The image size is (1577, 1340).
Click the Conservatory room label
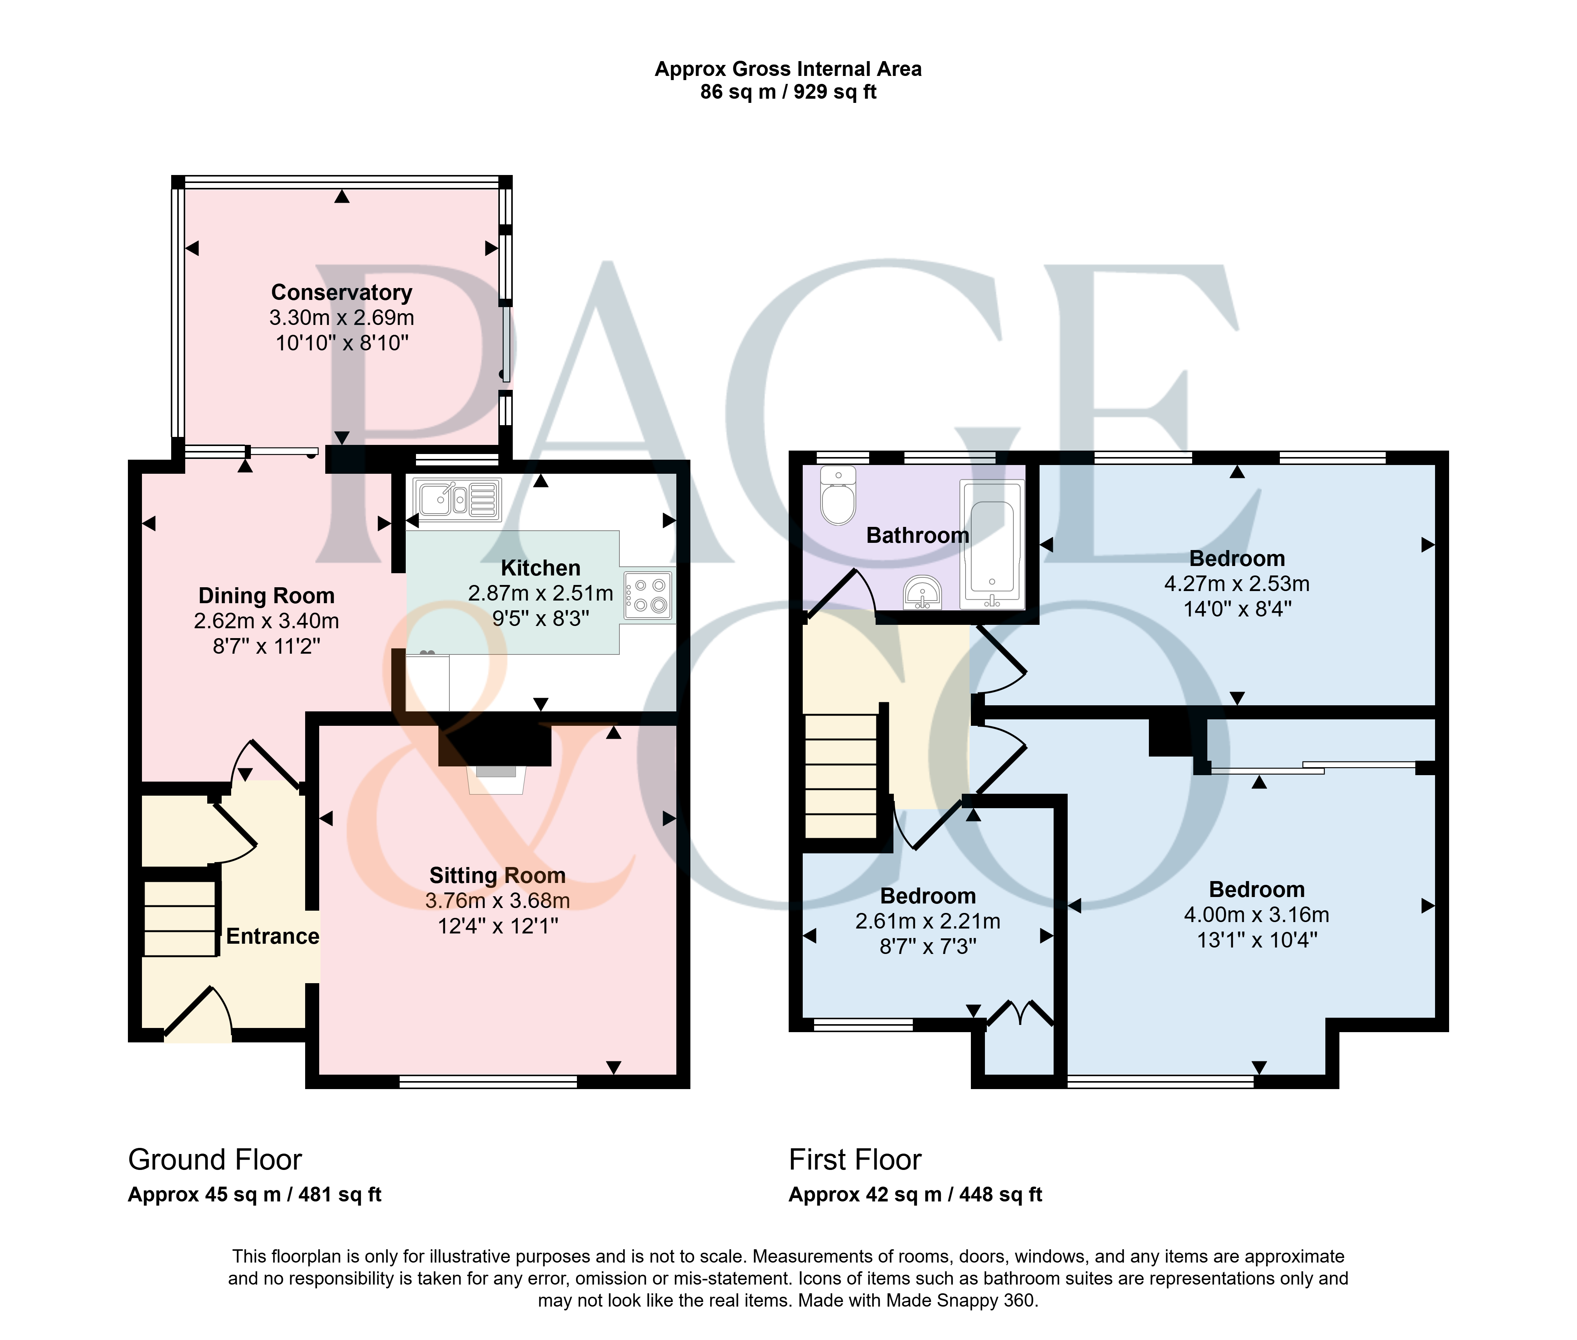[342, 292]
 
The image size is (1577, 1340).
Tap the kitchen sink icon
[457, 499]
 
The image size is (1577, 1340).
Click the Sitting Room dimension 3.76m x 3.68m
[498, 901]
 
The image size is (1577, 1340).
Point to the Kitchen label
[541, 568]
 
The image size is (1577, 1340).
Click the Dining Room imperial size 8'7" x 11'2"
[267, 646]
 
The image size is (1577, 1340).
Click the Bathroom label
[918, 536]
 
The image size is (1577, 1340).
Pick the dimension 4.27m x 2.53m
[1237, 584]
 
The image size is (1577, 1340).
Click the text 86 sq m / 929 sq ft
[789, 92]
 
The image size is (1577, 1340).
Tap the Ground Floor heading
[215, 1160]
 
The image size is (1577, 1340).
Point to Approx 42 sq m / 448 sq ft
[915, 1195]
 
